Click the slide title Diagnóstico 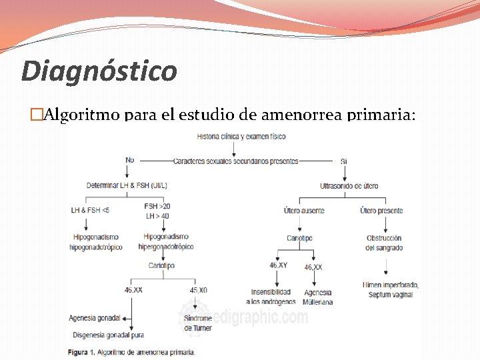(99, 71)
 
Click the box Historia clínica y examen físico (241, 137)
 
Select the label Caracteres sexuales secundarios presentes (235, 161)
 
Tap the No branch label (129, 160)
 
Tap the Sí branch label (344, 161)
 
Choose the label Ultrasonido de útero (349, 185)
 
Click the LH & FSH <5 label (90, 211)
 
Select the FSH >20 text (157, 206)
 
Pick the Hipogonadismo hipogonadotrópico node (96, 242)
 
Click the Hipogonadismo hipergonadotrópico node (166, 242)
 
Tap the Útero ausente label (304, 211)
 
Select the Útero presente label (381, 211)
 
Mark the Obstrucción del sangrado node (384, 243)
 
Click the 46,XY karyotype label (278, 265)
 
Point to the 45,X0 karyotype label (198, 290)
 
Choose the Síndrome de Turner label (198, 323)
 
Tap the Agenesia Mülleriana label (317, 297)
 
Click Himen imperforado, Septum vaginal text (388, 289)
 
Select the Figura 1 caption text (131, 351)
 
